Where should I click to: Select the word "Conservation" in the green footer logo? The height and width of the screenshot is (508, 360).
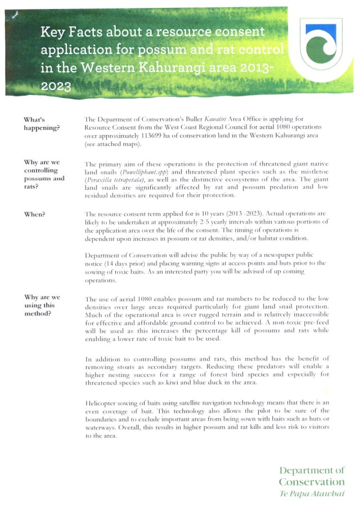311,482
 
